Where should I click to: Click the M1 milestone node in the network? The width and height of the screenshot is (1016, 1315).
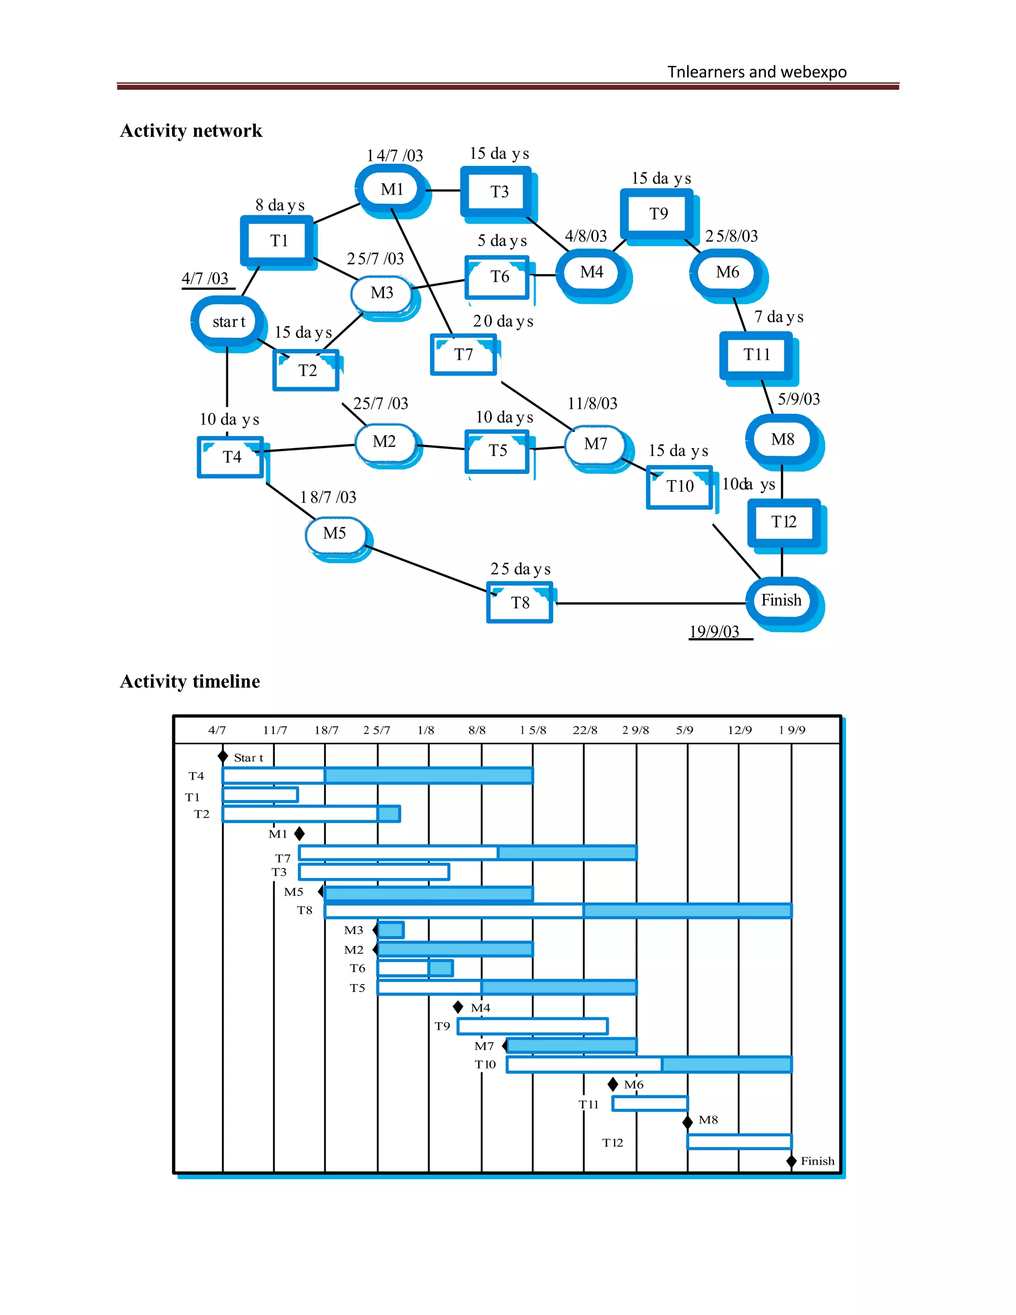tap(391, 189)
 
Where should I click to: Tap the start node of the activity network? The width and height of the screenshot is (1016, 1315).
tap(228, 322)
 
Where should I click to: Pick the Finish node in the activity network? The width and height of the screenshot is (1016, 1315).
tap(781, 600)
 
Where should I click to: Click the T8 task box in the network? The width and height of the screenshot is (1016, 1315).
tap(519, 603)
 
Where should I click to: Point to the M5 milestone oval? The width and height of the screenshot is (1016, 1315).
tap(335, 533)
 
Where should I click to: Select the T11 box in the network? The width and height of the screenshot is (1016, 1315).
tap(757, 355)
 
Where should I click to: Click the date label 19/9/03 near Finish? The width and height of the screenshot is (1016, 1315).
tap(714, 631)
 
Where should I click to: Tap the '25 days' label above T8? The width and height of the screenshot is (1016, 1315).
tap(520, 569)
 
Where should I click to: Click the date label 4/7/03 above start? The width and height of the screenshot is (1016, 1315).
tap(205, 278)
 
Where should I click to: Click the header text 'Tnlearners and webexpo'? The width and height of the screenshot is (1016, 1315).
tap(757, 72)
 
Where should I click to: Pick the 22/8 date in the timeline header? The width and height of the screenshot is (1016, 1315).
tap(584, 730)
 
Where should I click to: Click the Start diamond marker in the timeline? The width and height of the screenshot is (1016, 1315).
tap(223, 756)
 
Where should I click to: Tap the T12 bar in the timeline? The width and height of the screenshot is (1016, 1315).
tap(739, 1142)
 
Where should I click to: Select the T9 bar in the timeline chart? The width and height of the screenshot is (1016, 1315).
tap(532, 1026)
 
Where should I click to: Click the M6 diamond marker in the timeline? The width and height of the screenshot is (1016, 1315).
tap(613, 1084)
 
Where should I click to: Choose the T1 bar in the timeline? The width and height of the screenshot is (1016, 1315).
tap(260, 795)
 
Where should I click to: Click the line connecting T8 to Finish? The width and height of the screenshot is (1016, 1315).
tap(650, 603)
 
